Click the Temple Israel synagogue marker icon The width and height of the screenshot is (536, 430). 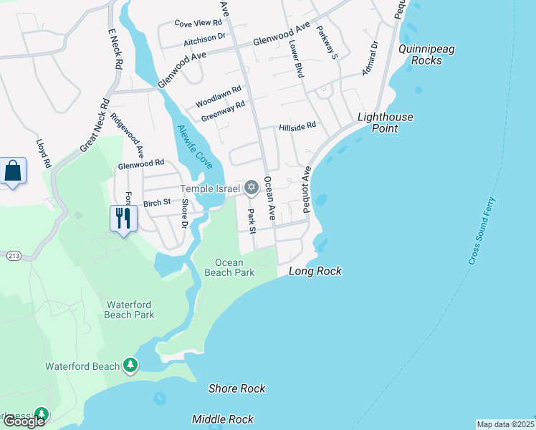[251, 188]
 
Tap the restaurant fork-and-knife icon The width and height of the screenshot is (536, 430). [123, 216]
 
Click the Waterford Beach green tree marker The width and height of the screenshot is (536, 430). [130, 366]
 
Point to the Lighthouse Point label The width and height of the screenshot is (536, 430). [386, 123]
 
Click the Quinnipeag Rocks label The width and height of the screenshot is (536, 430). [431, 55]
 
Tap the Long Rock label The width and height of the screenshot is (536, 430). [315, 272]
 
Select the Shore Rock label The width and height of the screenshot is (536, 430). [236, 388]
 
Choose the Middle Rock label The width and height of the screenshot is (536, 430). [223, 419]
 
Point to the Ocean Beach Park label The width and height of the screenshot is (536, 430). [229, 267]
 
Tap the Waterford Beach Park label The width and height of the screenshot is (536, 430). [130, 309]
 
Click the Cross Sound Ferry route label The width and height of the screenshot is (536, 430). [482, 231]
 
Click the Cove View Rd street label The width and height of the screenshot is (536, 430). [198, 23]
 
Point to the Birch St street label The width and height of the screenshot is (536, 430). [157, 203]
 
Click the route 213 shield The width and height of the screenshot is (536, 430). [13, 255]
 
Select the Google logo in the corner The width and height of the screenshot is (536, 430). [24, 421]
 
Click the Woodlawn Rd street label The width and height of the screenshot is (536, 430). [219, 92]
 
